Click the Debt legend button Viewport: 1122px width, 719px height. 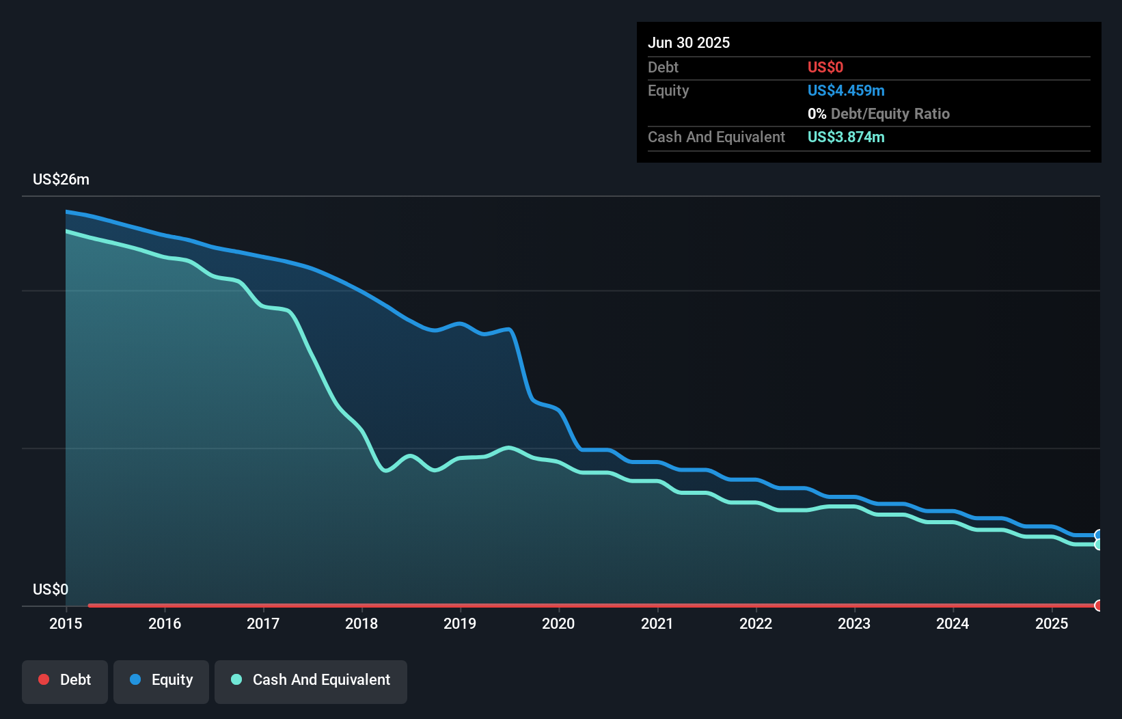click(x=65, y=681)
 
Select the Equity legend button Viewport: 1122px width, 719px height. click(x=161, y=681)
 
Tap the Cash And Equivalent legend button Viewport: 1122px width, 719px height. click(x=311, y=681)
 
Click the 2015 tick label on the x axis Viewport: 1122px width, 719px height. click(x=66, y=623)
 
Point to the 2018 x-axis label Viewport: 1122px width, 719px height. click(x=361, y=623)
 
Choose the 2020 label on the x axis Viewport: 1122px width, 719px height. click(x=558, y=623)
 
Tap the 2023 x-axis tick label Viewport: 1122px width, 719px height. click(x=854, y=623)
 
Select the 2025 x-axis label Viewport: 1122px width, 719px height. click(x=1051, y=623)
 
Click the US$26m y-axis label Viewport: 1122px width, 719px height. click(x=61, y=180)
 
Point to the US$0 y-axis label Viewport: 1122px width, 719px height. click(x=51, y=589)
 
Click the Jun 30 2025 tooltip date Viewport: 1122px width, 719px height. click(x=689, y=42)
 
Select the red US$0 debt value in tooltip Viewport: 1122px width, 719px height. click(x=825, y=67)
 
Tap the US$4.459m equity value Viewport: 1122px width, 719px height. click(x=845, y=90)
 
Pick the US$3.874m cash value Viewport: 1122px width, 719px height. click(x=845, y=137)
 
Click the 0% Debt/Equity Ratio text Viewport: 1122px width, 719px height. click(x=878, y=113)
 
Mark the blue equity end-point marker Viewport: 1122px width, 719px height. click(x=1098, y=535)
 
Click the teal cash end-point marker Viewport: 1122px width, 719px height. click(x=1098, y=545)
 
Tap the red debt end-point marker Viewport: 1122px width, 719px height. click(x=1098, y=606)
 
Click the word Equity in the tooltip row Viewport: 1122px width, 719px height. click(x=668, y=90)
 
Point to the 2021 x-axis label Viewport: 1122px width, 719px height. click(x=657, y=623)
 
